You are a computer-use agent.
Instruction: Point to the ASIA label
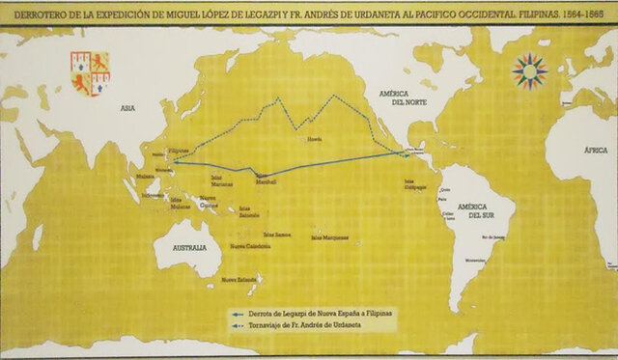tap(127, 108)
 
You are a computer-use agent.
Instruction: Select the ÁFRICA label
tap(596, 152)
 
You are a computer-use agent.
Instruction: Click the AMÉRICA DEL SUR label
tap(476, 211)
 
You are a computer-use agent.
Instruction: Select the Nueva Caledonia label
tap(248, 247)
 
